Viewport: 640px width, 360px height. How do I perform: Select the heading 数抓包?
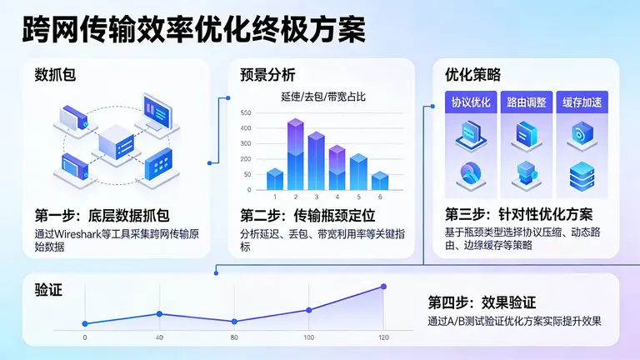click(57, 75)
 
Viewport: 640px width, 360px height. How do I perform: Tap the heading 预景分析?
click(268, 75)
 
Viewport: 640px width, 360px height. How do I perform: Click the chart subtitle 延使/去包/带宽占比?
click(323, 97)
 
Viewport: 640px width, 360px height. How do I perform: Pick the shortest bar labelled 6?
click(379, 181)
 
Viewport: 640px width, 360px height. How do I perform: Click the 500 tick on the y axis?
click(245, 113)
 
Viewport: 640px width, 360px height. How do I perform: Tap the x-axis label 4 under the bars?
click(337, 197)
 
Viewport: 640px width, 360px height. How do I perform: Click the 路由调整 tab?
click(527, 102)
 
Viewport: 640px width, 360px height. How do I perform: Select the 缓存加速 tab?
click(581, 102)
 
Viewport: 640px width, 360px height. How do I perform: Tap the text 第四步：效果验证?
click(482, 302)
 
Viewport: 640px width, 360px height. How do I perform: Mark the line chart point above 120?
click(384, 287)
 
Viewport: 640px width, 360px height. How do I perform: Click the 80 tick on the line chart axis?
click(234, 337)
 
